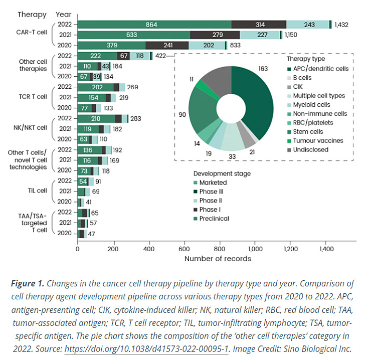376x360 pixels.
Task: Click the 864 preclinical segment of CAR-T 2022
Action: [x=154, y=24]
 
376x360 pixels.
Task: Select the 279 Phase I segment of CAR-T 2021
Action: [x=215, y=35]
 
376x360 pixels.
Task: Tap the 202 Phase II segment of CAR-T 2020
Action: [x=207, y=45]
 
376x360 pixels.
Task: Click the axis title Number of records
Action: [x=218, y=259]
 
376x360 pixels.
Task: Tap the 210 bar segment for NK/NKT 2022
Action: [x=95, y=118]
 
